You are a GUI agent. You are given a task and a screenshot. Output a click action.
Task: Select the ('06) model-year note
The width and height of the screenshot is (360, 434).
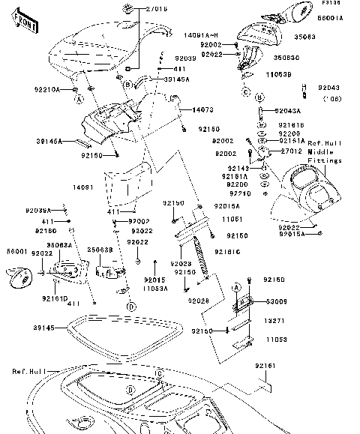[331, 98]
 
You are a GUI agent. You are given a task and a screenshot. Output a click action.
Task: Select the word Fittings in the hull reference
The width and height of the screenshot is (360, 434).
[324, 160]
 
